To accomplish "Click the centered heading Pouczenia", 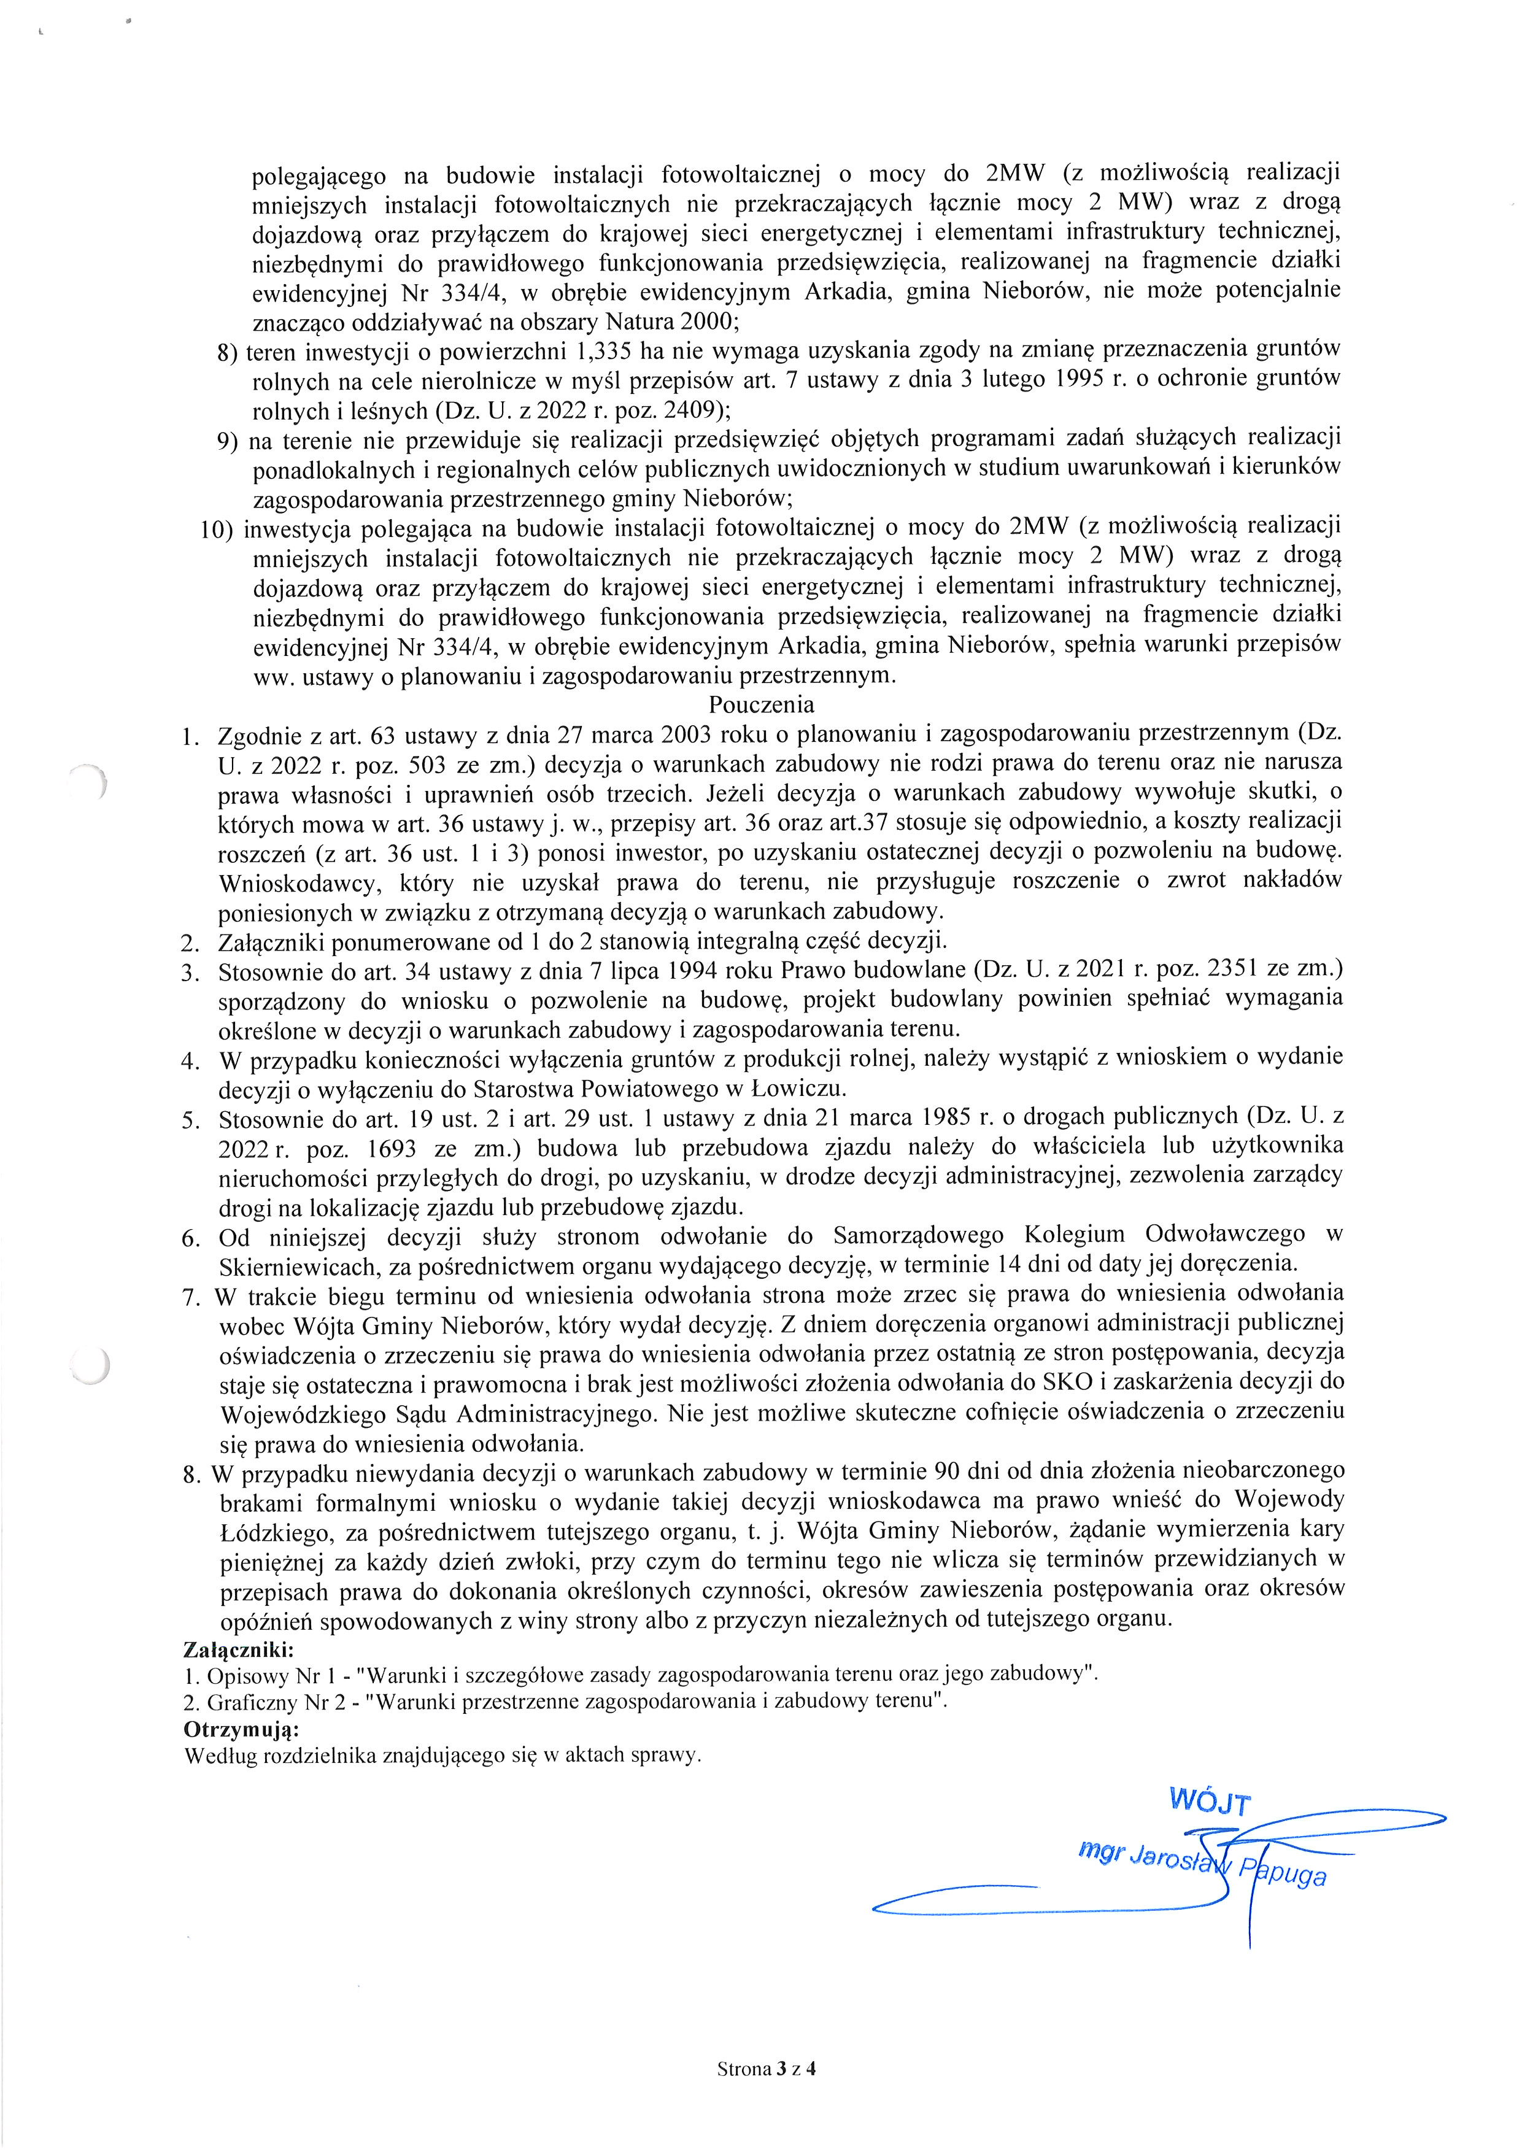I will pos(761,704).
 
